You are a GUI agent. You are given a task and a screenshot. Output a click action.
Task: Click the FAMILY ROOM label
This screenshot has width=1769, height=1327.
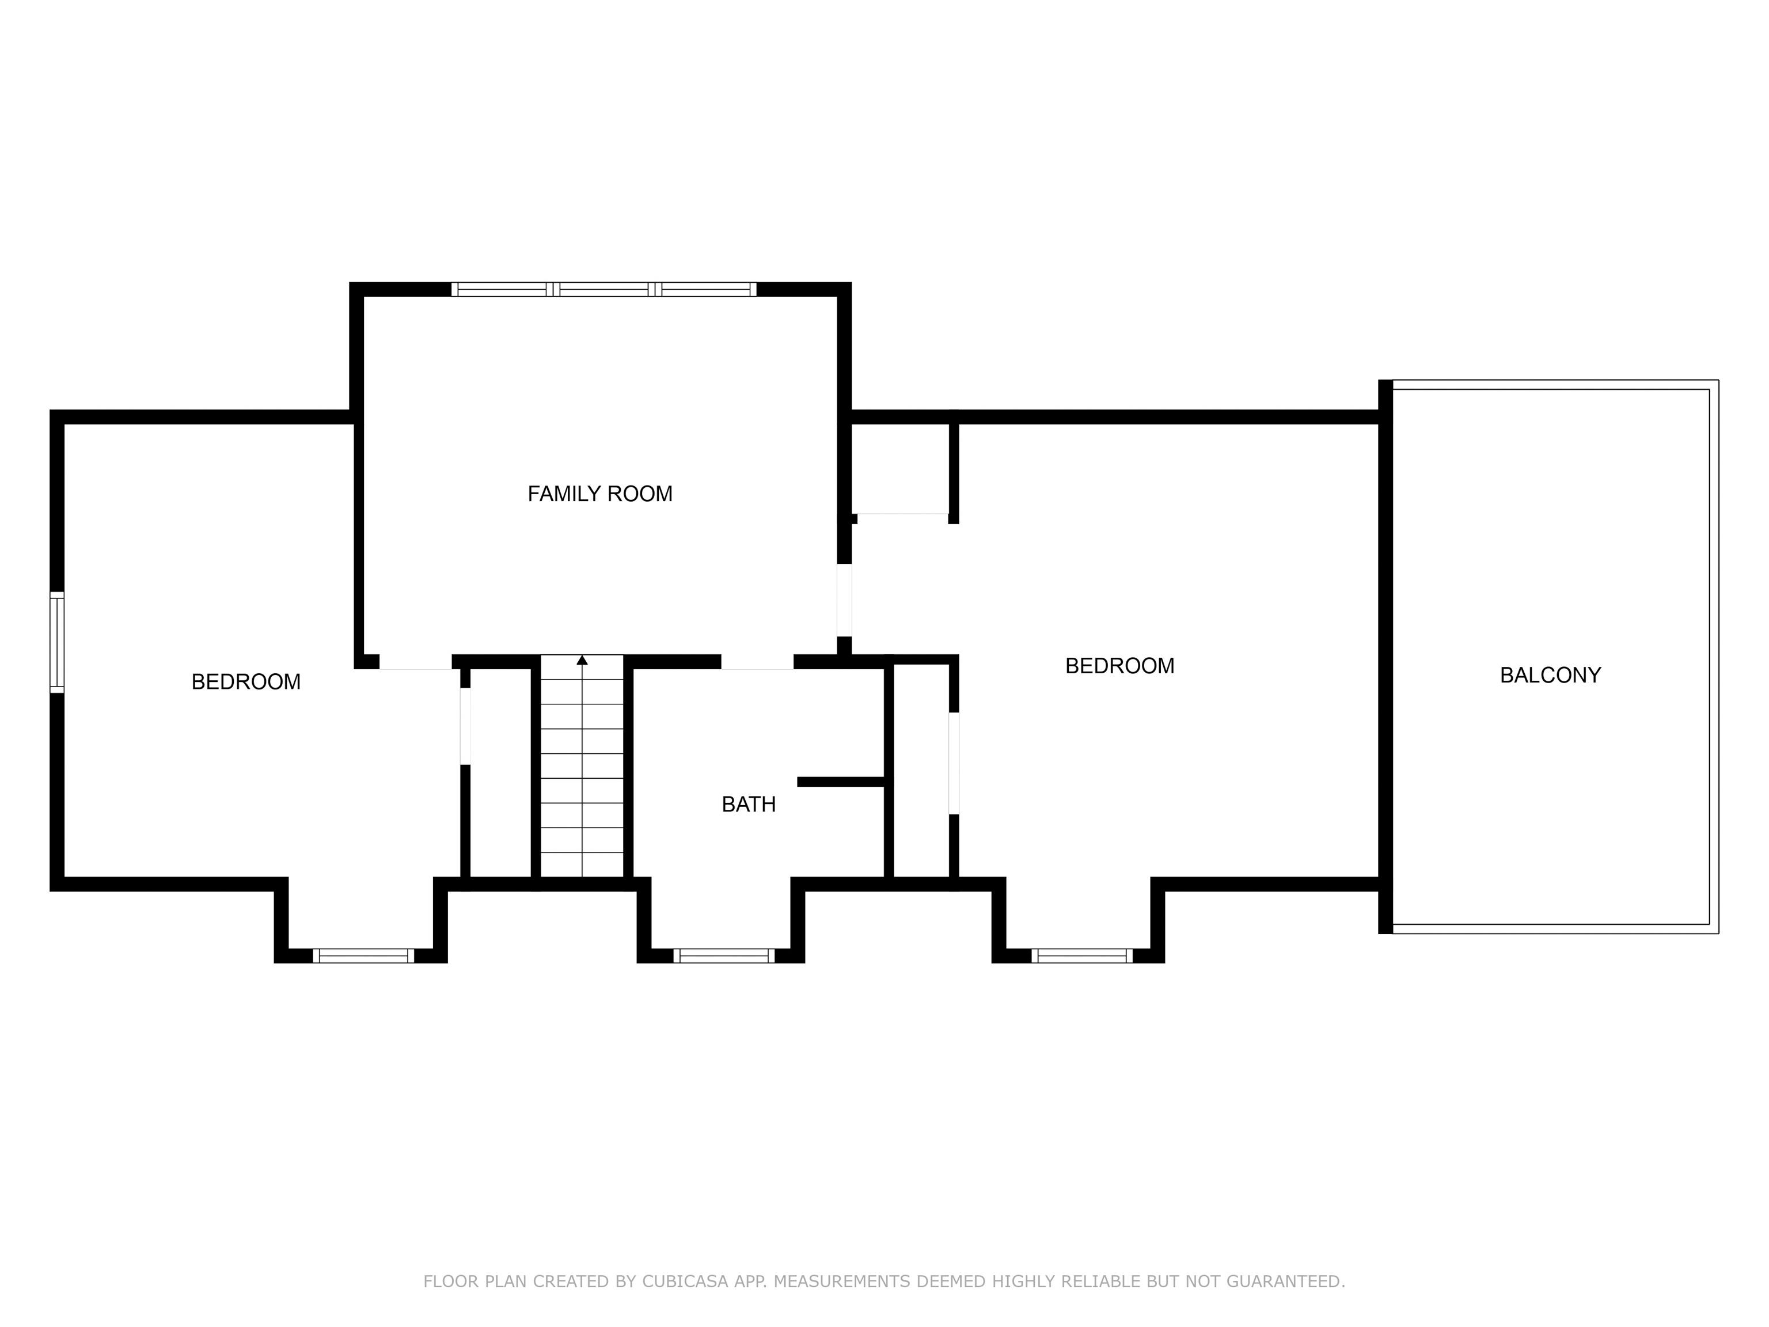click(600, 494)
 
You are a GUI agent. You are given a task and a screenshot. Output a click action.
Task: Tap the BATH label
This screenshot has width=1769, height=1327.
click(749, 805)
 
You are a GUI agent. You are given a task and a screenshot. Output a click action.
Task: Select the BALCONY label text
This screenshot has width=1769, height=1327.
click(1550, 675)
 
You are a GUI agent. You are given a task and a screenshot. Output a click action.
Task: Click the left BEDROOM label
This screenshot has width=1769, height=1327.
click(245, 681)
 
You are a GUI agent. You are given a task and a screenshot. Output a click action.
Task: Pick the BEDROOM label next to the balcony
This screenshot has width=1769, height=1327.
click(1119, 665)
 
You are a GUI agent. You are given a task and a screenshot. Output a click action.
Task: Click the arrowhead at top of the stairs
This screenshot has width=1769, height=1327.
click(582, 660)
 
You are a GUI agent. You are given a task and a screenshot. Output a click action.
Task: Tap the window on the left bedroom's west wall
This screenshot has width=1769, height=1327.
click(57, 642)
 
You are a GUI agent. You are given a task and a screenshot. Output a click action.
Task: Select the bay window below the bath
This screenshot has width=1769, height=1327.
click(724, 955)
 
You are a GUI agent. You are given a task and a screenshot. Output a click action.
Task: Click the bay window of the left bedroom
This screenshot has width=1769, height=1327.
click(363, 955)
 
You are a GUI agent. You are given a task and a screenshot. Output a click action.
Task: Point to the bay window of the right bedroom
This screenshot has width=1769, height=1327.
click(1082, 955)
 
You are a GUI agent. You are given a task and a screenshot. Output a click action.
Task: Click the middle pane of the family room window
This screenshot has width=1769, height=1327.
click(604, 290)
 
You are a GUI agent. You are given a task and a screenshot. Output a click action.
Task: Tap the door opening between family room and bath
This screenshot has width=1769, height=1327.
click(757, 662)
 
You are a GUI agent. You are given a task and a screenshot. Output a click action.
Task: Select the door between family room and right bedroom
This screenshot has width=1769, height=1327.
click(844, 600)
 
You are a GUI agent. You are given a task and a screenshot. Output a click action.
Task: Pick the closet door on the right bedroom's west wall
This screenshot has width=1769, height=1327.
click(953, 763)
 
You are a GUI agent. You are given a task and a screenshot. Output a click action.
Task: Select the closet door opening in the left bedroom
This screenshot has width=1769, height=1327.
click(465, 726)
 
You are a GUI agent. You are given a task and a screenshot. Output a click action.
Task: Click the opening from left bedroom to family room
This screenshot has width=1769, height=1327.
click(415, 662)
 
